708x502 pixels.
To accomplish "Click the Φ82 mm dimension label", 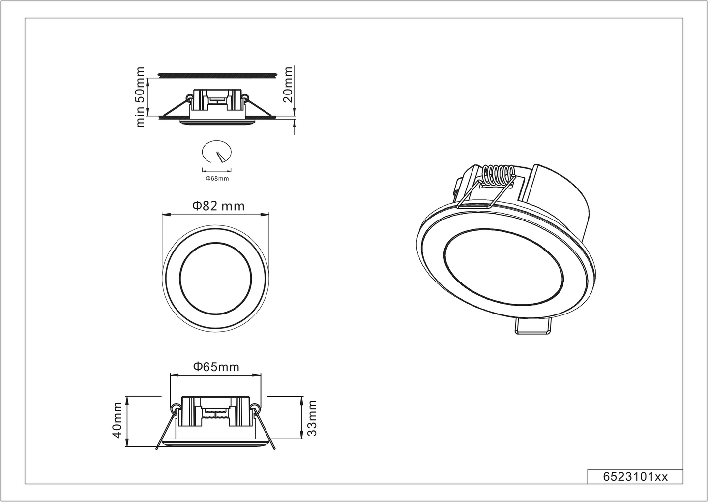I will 218,206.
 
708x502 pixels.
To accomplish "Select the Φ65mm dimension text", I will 216,367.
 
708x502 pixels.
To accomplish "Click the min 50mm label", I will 141,97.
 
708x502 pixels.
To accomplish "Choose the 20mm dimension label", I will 289,84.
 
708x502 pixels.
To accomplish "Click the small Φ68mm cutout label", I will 217,178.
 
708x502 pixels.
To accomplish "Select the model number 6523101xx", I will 635,477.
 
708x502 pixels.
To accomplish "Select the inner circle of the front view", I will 215,276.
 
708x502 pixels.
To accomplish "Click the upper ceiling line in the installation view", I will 216,75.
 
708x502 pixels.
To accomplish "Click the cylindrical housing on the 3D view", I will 560,197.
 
